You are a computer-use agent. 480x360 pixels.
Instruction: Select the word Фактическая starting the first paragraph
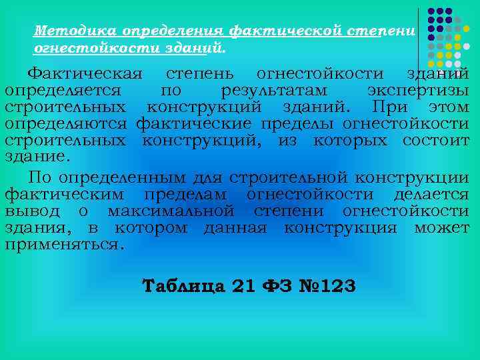86,74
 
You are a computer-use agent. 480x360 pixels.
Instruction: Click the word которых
353,141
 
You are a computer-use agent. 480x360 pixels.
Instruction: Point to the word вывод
26,211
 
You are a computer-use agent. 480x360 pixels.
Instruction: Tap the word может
441,228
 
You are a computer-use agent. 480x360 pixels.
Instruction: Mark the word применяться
64,245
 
